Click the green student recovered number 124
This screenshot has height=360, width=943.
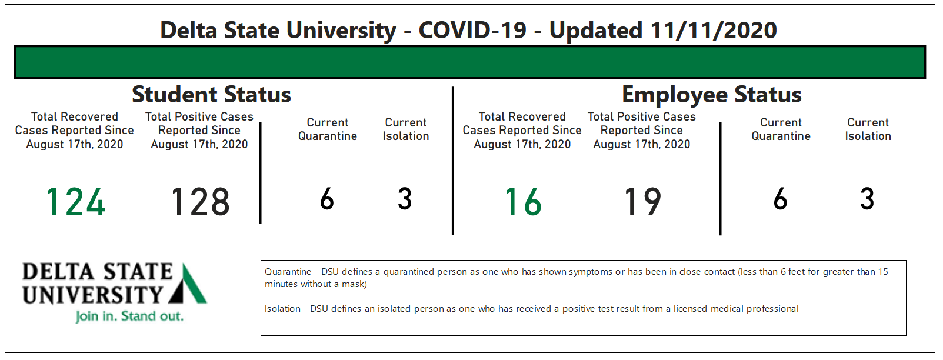76,202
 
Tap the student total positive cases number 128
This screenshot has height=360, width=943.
200,202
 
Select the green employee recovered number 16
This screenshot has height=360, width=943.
523,202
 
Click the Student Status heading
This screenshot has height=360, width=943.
211,94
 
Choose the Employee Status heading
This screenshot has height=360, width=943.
711,94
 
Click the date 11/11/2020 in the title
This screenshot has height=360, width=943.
714,31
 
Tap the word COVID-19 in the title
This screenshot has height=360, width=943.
472,31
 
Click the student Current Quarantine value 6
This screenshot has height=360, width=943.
327,199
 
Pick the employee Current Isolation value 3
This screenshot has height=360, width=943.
867,199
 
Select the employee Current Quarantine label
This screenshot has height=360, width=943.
781,129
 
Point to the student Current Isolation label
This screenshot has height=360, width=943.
406,129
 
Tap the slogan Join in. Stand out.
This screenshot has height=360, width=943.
129,316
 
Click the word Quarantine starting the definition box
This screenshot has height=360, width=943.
288,272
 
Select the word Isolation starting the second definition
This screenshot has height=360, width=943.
282,309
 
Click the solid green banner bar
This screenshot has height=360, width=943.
470,62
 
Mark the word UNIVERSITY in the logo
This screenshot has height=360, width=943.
92,295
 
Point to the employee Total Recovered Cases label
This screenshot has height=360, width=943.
522,131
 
